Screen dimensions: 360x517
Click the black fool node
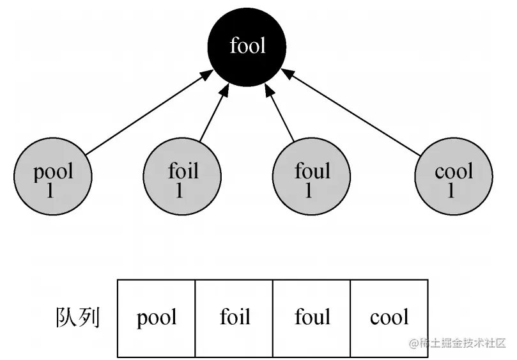pyautogui.click(x=247, y=46)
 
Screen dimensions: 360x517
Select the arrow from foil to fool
pyautogui.click(x=213, y=113)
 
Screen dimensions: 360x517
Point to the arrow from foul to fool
pyautogui.click(x=281, y=113)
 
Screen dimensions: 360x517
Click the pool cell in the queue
pyautogui.click(x=157, y=318)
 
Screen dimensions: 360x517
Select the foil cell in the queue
pyautogui.click(x=235, y=318)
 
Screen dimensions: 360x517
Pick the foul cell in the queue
pyautogui.click(x=312, y=318)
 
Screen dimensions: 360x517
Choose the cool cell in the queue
pyautogui.click(x=389, y=318)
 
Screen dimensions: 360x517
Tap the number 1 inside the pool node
pyautogui.click(x=50, y=191)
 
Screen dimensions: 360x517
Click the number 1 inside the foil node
pyautogui.click(x=180, y=191)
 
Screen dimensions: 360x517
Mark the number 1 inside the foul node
pyautogui.click(x=309, y=191)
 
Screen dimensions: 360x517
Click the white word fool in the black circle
pyautogui.click(x=247, y=46)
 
